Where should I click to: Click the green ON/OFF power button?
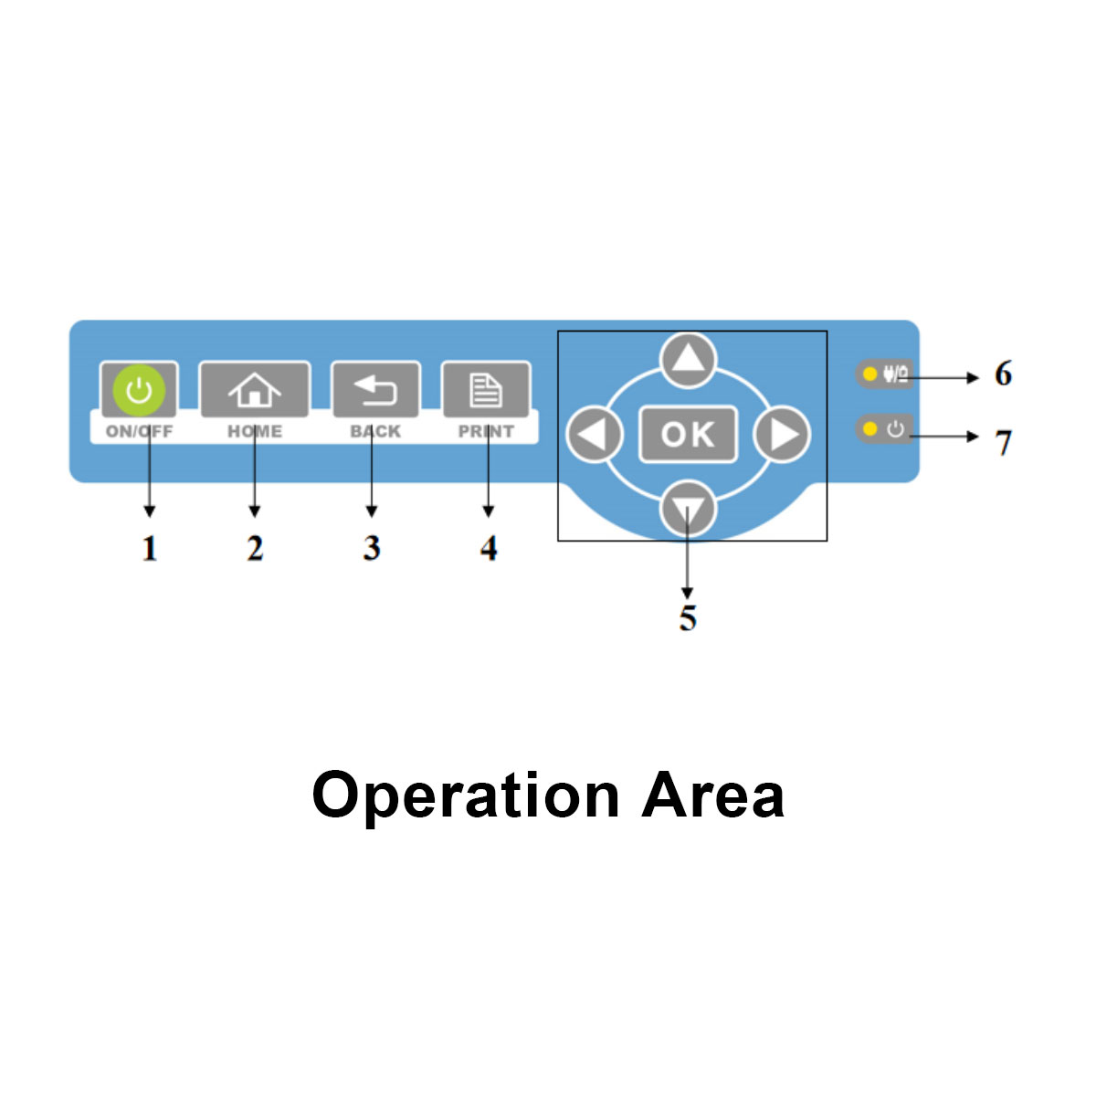(x=139, y=390)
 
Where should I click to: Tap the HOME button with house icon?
(x=255, y=390)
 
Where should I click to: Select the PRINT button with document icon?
(x=486, y=390)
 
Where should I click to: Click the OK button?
(x=688, y=434)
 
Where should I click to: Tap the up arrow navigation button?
(x=688, y=359)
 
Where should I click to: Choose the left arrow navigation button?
(x=595, y=434)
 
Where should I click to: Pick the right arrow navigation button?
(x=782, y=434)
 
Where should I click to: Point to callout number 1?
(x=150, y=548)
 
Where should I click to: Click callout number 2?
(x=255, y=548)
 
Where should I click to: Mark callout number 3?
(x=371, y=548)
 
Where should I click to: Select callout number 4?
(x=489, y=548)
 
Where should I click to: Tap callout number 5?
(x=688, y=618)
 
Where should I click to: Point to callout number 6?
(x=1003, y=374)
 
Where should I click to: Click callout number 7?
(x=1003, y=442)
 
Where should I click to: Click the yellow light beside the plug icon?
(x=869, y=374)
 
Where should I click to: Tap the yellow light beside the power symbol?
(x=869, y=428)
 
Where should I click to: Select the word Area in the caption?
(x=712, y=796)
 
